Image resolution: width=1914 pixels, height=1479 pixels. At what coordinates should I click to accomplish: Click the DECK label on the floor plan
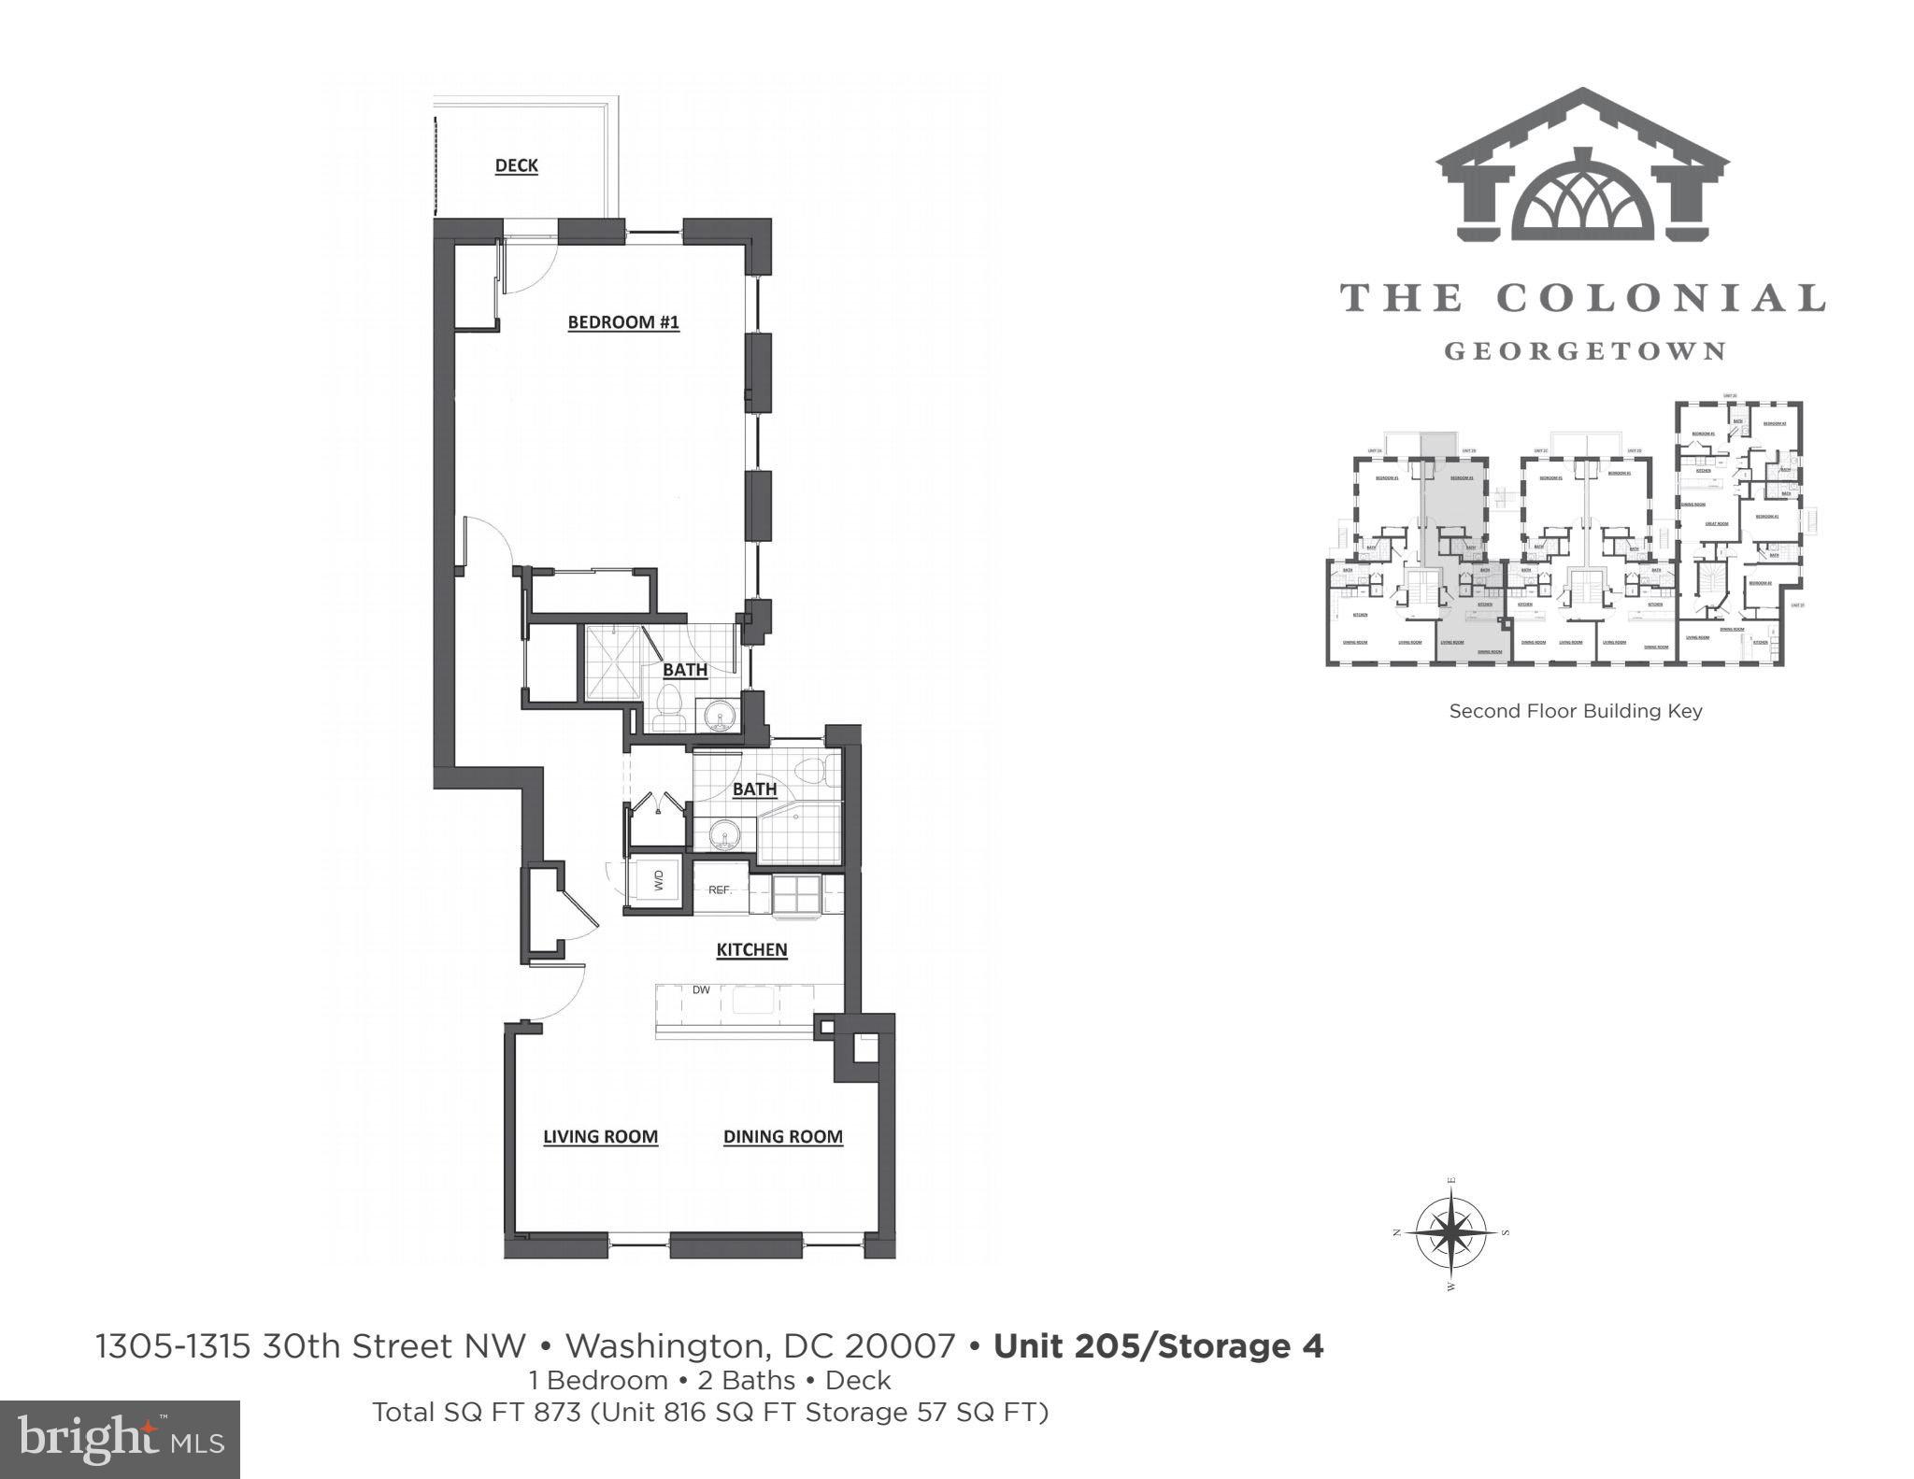pos(516,165)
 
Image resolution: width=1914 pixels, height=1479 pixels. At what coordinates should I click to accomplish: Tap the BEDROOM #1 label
pos(623,322)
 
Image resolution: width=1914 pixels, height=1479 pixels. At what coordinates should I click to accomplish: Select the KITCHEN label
pos(751,949)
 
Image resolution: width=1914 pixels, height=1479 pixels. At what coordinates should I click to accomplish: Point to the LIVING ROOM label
pos(600,1136)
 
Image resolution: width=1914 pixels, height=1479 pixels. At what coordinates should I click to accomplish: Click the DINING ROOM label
pos(782,1136)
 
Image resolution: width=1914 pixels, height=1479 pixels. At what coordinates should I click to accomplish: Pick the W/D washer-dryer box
pos(657,879)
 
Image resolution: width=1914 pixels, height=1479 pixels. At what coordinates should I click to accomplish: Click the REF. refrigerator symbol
pos(720,889)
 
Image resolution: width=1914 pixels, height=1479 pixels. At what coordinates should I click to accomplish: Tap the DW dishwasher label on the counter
pos(701,990)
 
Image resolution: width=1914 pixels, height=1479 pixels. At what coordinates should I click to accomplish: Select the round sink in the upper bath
pos(720,716)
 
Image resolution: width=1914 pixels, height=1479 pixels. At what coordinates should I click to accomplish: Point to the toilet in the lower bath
pos(811,771)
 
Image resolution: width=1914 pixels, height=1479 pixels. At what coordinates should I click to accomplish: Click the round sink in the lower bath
pos(721,833)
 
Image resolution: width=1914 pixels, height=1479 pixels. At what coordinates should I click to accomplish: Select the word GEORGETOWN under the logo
pos(1584,351)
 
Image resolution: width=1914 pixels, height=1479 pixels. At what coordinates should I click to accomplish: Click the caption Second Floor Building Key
pos(1575,711)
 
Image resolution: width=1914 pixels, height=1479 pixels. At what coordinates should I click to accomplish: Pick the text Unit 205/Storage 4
pos(1158,1346)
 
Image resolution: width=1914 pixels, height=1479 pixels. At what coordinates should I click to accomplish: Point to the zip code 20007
pos(900,1346)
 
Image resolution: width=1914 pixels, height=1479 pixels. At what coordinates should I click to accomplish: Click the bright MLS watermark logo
pos(121,1439)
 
